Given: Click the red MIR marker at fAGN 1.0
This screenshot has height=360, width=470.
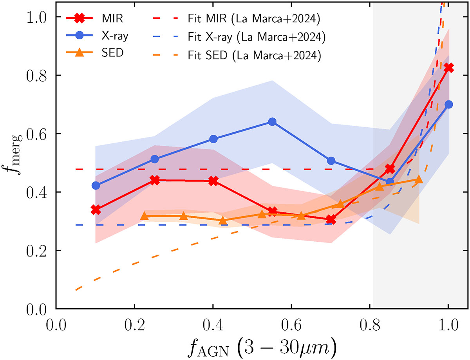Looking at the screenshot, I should tap(448, 68).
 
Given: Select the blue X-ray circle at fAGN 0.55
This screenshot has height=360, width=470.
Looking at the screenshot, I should tap(272, 122).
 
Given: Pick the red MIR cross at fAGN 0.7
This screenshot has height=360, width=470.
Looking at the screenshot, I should tap(331, 219).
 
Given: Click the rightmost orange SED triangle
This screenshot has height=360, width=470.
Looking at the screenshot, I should tap(419, 179).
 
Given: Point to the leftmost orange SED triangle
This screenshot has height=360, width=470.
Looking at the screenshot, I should tap(144, 216).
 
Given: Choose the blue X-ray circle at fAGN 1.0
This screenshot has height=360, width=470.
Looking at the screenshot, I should tap(448, 105).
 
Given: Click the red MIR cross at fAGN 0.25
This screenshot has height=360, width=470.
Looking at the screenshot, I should tap(155, 180).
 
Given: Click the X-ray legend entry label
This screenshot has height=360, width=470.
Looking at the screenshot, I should tap(116, 36).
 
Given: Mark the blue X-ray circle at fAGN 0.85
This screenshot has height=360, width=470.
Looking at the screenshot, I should tap(390, 182).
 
